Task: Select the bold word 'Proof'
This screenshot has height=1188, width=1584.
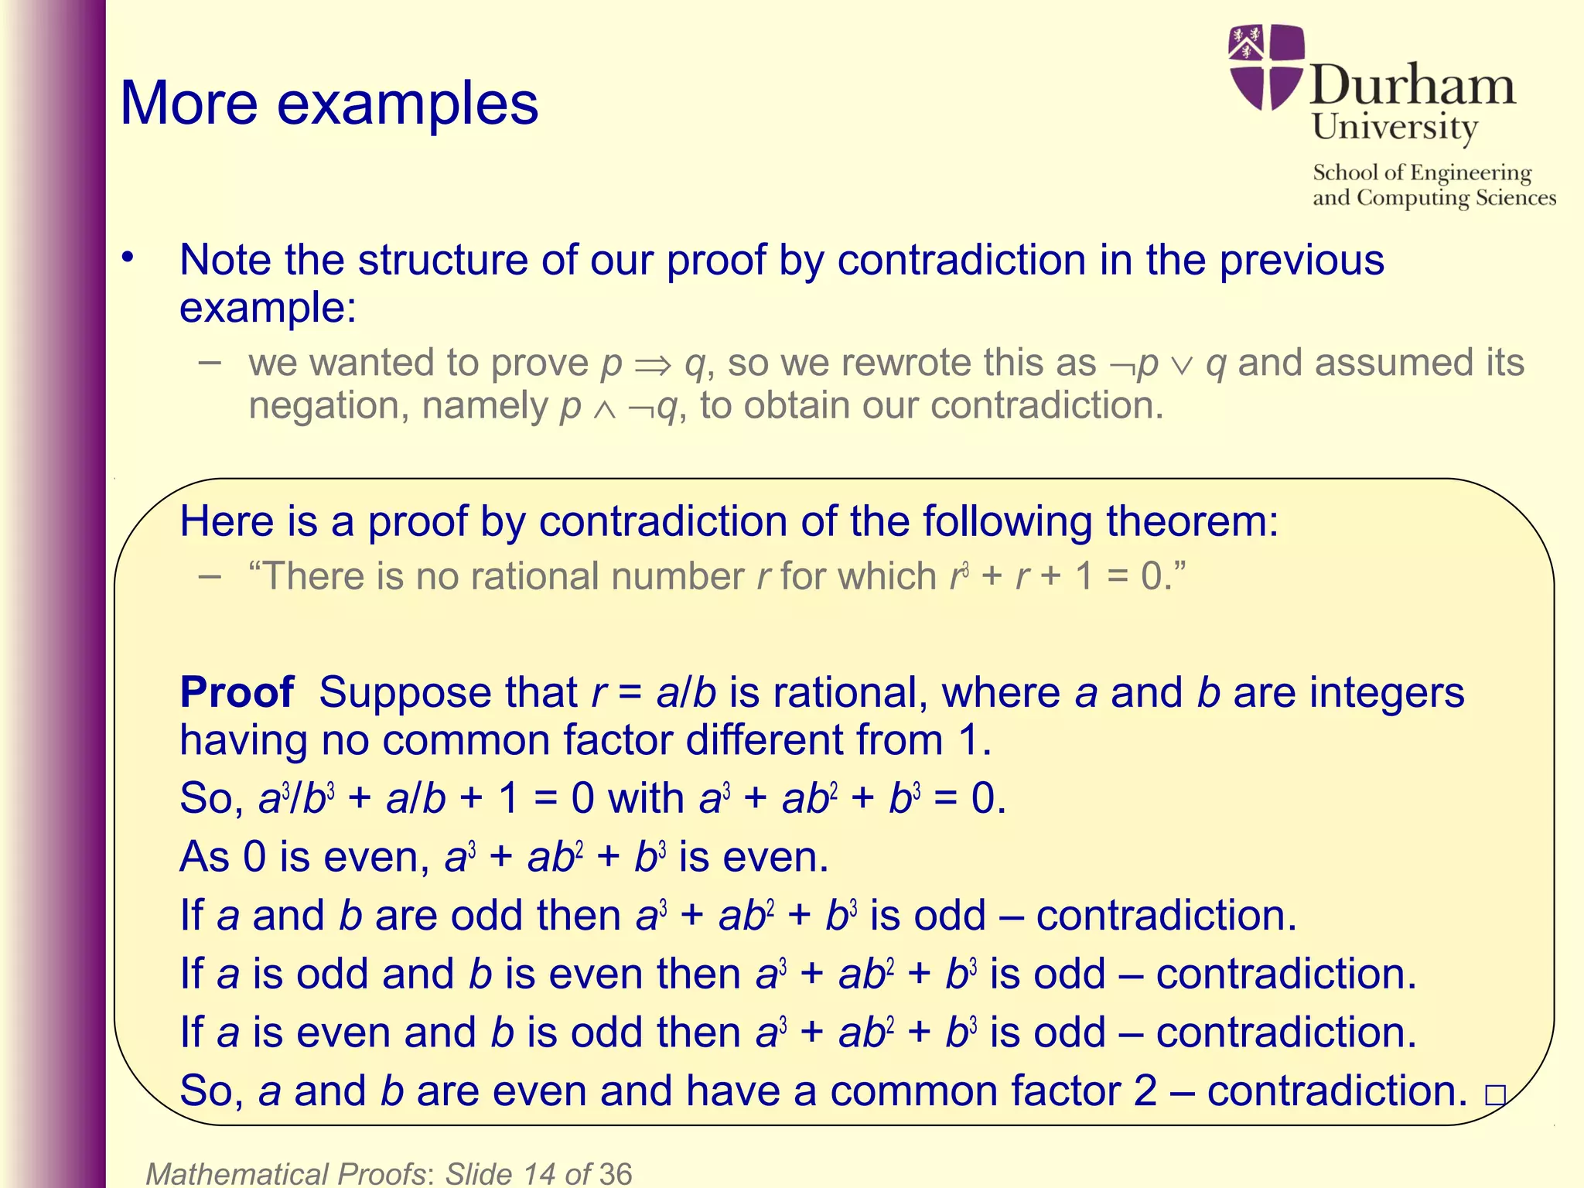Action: click(x=237, y=691)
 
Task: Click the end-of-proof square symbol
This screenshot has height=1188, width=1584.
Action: click(x=1495, y=1094)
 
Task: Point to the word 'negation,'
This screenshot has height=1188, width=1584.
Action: click(x=328, y=405)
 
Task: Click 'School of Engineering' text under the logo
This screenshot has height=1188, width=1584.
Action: click(x=1422, y=172)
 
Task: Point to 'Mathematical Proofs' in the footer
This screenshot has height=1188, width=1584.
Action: click(x=285, y=1173)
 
